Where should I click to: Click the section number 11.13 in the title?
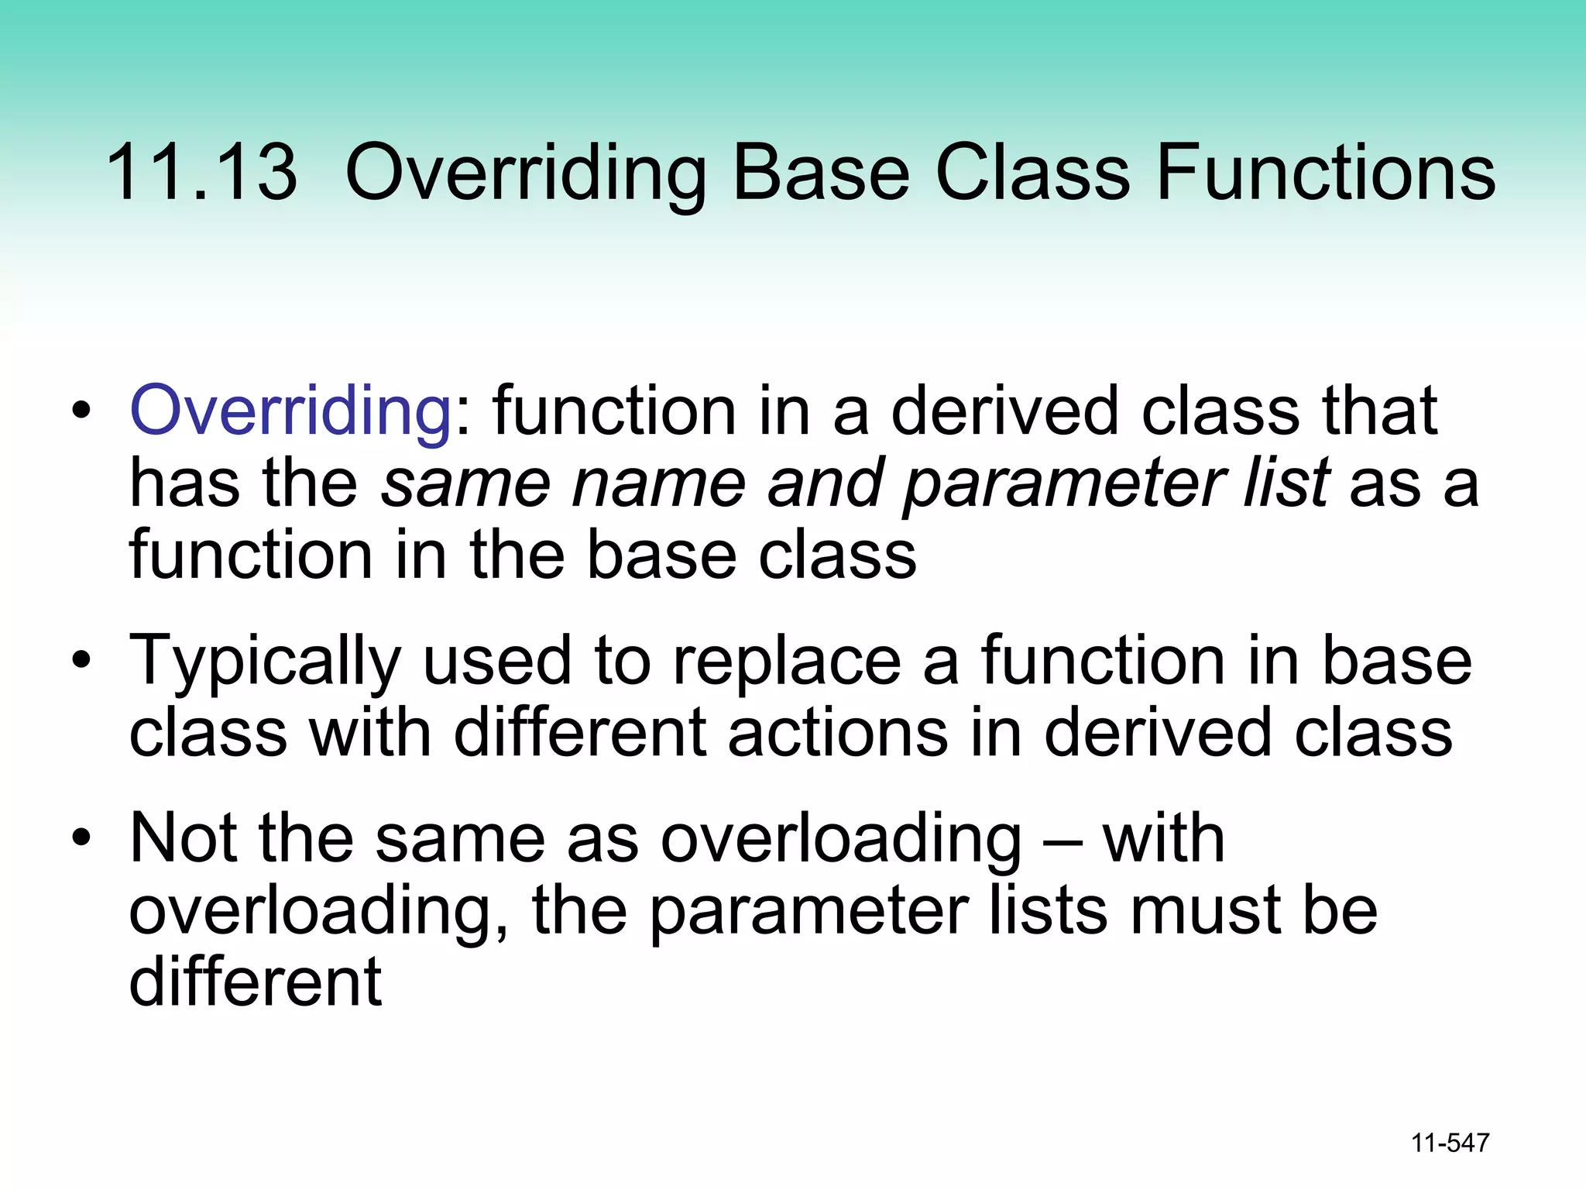pos(201,172)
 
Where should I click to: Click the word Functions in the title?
pos(1325,172)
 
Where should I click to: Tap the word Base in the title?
pos(820,172)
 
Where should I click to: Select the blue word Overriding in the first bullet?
pos(291,411)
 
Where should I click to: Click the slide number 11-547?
pos(1450,1143)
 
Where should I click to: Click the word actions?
pos(837,732)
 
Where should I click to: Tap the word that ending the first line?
pos(1379,411)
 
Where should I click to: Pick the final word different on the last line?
pos(256,982)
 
